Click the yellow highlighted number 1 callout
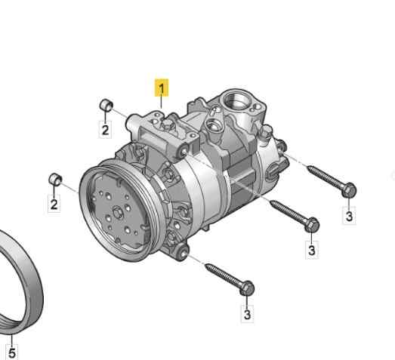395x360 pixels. coord(162,88)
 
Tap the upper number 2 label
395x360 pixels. coord(105,130)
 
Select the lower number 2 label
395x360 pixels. coord(54,204)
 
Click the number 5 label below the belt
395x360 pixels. coord(12,352)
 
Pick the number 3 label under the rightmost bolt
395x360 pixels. coord(349,216)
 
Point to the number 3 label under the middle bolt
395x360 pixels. coord(312,250)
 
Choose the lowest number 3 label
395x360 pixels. coord(248,314)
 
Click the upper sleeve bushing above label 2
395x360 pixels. coord(106,105)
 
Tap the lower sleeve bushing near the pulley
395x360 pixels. coord(55,179)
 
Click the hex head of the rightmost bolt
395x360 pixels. coord(349,189)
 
